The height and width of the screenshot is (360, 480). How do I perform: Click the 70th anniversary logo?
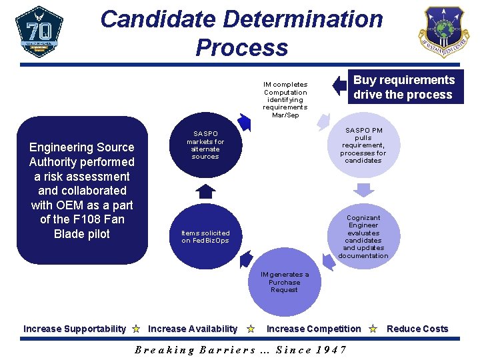(x=39, y=31)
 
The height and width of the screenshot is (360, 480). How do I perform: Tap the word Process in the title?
(x=241, y=47)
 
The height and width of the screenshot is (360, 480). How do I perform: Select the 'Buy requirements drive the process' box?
(x=403, y=87)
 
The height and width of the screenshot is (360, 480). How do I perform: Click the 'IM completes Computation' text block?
(x=285, y=99)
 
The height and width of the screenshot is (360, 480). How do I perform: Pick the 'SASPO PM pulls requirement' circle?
(x=363, y=145)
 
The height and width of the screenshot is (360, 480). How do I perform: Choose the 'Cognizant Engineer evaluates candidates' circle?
(x=363, y=237)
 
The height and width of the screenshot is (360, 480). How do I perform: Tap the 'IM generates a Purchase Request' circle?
(x=285, y=283)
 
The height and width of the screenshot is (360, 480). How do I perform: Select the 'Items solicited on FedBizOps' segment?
(x=205, y=237)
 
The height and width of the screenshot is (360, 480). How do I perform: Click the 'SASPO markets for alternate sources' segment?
(x=205, y=145)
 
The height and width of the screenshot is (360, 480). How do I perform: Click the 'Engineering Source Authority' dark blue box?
(x=82, y=191)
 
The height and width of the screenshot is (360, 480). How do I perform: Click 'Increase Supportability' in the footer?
(x=74, y=329)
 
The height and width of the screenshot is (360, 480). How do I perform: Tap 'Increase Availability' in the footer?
(x=192, y=329)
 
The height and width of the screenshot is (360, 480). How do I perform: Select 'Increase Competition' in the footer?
(x=313, y=329)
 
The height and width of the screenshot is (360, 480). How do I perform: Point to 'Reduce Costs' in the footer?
(x=417, y=329)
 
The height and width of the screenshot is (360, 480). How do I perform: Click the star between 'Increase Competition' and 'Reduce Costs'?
(x=373, y=329)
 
